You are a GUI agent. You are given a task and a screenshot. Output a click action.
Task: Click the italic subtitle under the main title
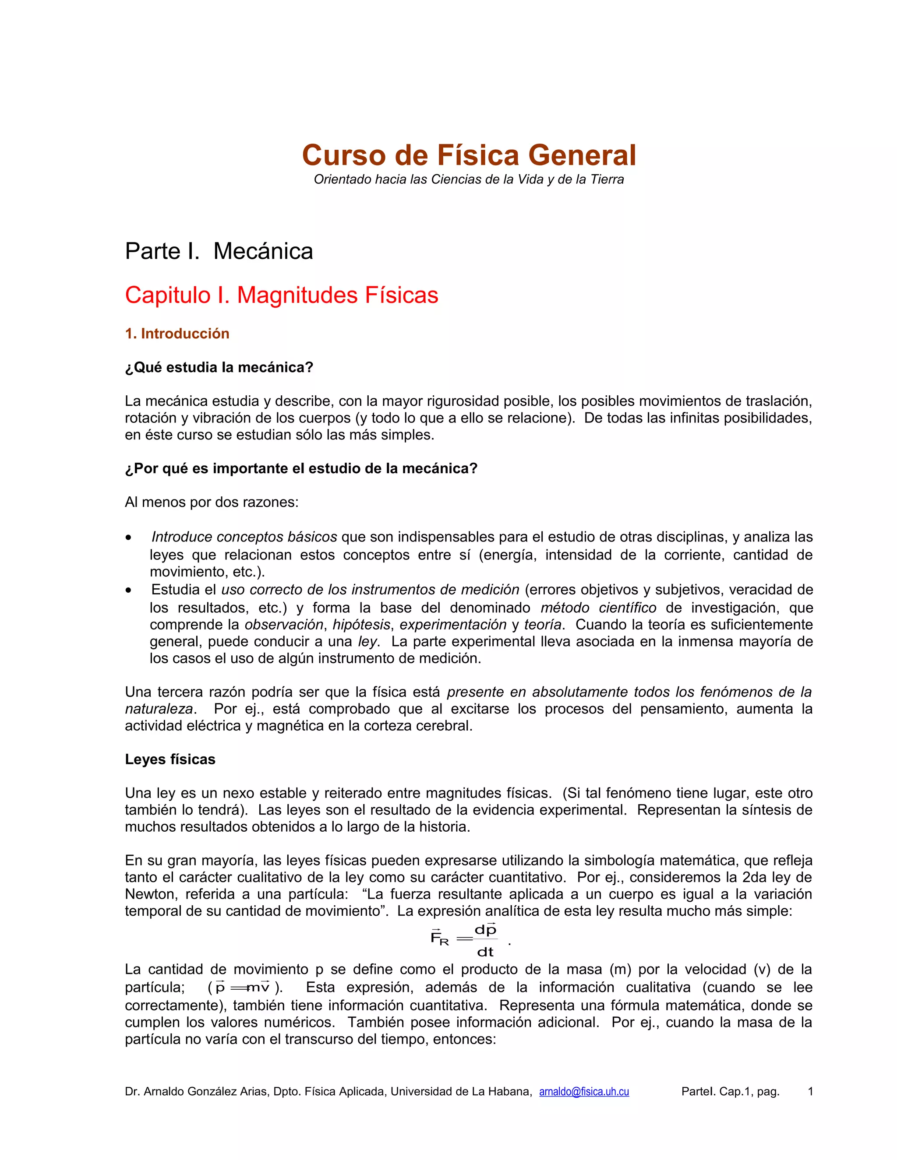click(469, 179)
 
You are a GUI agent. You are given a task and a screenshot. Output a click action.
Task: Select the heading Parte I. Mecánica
click(219, 251)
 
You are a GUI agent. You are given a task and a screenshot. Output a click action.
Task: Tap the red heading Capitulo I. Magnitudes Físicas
click(282, 295)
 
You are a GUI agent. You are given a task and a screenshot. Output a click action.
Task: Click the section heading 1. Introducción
click(177, 334)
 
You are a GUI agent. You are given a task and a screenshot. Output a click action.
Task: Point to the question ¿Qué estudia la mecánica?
click(219, 368)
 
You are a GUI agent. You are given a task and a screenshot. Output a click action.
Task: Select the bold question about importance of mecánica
click(301, 468)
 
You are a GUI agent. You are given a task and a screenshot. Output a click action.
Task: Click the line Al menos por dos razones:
click(212, 502)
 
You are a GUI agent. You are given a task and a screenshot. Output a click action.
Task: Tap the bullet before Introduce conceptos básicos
click(129, 538)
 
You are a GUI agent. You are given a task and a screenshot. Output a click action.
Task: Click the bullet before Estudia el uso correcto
click(129, 591)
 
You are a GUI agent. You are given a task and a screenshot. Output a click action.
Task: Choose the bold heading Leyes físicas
click(170, 759)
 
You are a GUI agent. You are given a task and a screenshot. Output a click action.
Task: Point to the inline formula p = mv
click(242, 988)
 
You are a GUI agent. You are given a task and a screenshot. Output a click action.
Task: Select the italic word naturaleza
click(159, 709)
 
